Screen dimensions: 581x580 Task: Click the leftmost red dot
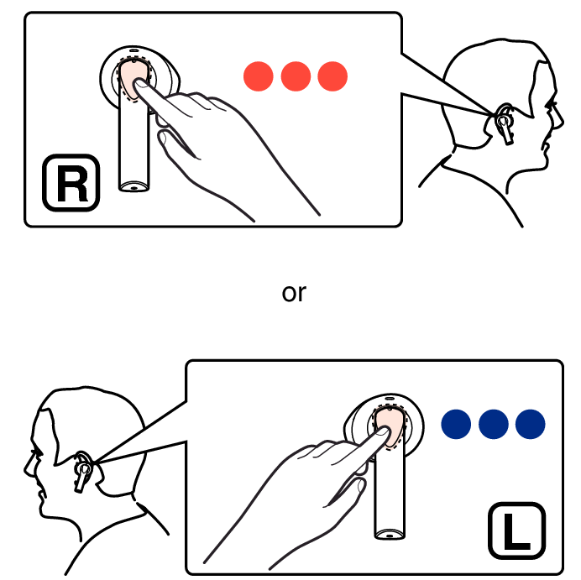(259, 76)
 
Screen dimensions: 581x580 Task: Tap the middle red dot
(296, 76)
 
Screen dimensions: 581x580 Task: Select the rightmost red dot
(332, 76)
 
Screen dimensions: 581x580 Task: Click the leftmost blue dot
(456, 424)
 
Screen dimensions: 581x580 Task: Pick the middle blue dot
(494, 424)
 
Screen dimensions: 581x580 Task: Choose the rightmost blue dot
(531, 424)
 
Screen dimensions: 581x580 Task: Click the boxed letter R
(71, 183)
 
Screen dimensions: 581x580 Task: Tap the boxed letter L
(517, 530)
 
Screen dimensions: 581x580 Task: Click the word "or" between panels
(294, 293)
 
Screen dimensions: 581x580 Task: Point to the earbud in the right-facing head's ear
(505, 124)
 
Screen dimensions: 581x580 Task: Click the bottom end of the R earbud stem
(133, 187)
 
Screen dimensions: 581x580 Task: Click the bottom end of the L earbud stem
(389, 535)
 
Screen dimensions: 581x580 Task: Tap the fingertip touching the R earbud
(140, 84)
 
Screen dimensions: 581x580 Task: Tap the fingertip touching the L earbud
(383, 431)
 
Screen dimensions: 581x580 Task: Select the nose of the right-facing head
(559, 119)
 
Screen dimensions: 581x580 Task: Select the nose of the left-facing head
(29, 468)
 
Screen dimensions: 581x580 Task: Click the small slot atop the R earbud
(133, 50)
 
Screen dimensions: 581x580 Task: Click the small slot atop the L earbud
(390, 398)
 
